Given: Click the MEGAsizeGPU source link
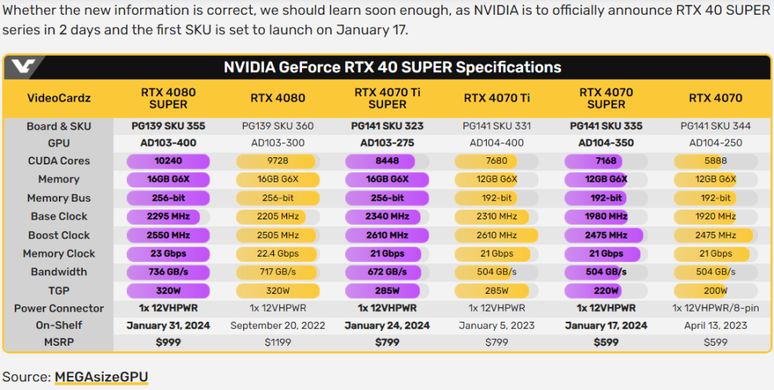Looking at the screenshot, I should (101, 377).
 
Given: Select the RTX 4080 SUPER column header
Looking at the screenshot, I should (168, 98).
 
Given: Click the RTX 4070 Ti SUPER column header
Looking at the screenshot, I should (387, 98).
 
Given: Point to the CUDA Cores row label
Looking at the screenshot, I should (59, 160).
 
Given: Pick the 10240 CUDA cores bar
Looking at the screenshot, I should (168, 161).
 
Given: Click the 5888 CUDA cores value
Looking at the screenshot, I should (715, 161).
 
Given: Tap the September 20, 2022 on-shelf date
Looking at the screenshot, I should (277, 326).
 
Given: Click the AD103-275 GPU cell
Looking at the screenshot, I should (387, 143).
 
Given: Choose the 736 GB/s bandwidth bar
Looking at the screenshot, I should (168, 272).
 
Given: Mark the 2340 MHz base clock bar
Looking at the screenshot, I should (387, 216).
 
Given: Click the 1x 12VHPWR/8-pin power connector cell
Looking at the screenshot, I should (715, 308).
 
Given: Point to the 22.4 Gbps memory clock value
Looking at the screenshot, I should (277, 254).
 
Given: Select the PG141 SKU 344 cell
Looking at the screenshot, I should (715, 125).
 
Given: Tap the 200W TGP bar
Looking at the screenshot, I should (715, 291).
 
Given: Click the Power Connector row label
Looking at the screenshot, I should (59, 308).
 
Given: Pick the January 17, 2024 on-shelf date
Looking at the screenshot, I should (606, 326).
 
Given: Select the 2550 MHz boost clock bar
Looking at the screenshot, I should (168, 235).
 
